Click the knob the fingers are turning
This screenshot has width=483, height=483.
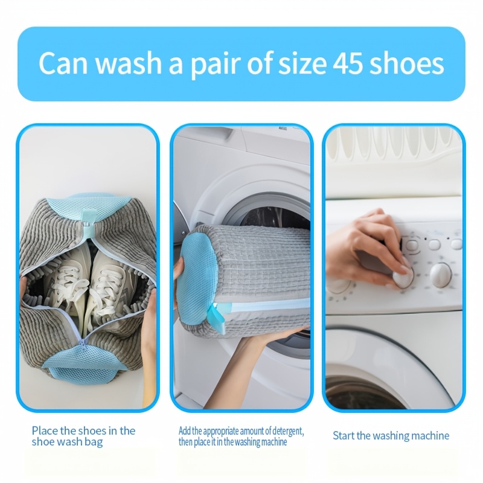click(x=403, y=277)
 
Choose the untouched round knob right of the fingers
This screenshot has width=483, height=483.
click(x=441, y=275)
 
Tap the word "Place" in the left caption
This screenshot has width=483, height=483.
click(x=45, y=430)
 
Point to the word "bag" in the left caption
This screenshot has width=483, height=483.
click(x=93, y=442)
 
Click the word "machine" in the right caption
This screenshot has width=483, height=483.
click(x=429, y=435)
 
